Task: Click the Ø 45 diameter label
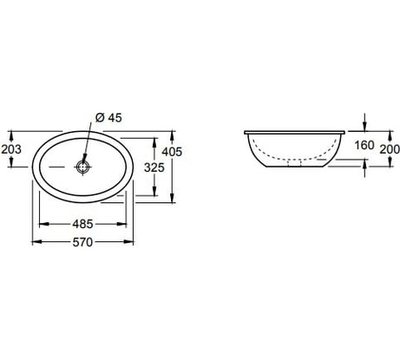coord(108,118)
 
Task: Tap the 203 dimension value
coord(11,149)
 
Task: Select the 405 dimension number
coord(172,152)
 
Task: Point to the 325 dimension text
coord(154,167)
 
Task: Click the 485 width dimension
coord(82,224)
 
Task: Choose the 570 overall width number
coord(82,242)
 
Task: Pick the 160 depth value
coord(364,145)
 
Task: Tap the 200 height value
coord(390,149)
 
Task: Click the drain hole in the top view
coord(83,167)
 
